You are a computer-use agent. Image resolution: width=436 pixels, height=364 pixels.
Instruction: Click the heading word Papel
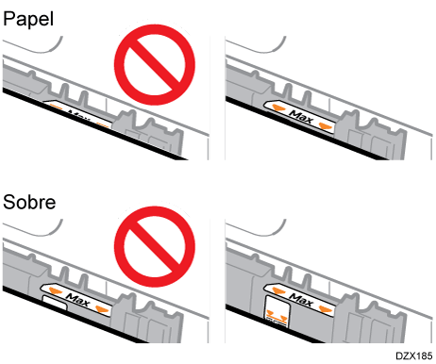28,20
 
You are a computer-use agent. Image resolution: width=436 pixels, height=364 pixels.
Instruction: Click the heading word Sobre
29,202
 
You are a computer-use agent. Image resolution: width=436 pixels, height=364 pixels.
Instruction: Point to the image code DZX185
413,356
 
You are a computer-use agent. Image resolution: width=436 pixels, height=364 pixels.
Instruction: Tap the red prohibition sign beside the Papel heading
155,64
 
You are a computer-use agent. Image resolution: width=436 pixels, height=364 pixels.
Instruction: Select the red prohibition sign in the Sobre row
155,247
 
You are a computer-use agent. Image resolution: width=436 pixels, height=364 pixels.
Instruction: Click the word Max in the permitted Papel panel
302,117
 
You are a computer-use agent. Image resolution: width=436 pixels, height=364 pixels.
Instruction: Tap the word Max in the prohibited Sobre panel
77,300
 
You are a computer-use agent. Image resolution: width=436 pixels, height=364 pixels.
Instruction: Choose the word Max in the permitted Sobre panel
301,300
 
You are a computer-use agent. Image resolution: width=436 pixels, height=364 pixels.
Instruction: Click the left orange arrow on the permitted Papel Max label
278,108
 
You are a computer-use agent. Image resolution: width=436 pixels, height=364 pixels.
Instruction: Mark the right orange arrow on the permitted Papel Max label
325,125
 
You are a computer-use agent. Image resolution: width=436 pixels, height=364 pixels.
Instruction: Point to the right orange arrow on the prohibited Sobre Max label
102,309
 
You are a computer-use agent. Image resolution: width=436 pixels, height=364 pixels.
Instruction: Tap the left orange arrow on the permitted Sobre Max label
278,290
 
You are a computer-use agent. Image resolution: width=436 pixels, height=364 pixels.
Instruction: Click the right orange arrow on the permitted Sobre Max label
325,309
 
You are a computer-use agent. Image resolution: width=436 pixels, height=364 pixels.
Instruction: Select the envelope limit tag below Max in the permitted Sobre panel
277,311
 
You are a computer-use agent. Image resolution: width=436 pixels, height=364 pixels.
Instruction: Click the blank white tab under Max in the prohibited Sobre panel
55,302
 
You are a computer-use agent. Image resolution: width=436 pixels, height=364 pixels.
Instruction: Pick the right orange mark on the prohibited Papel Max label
102,125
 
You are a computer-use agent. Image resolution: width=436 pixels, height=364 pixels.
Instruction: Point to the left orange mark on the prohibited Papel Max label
57,108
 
